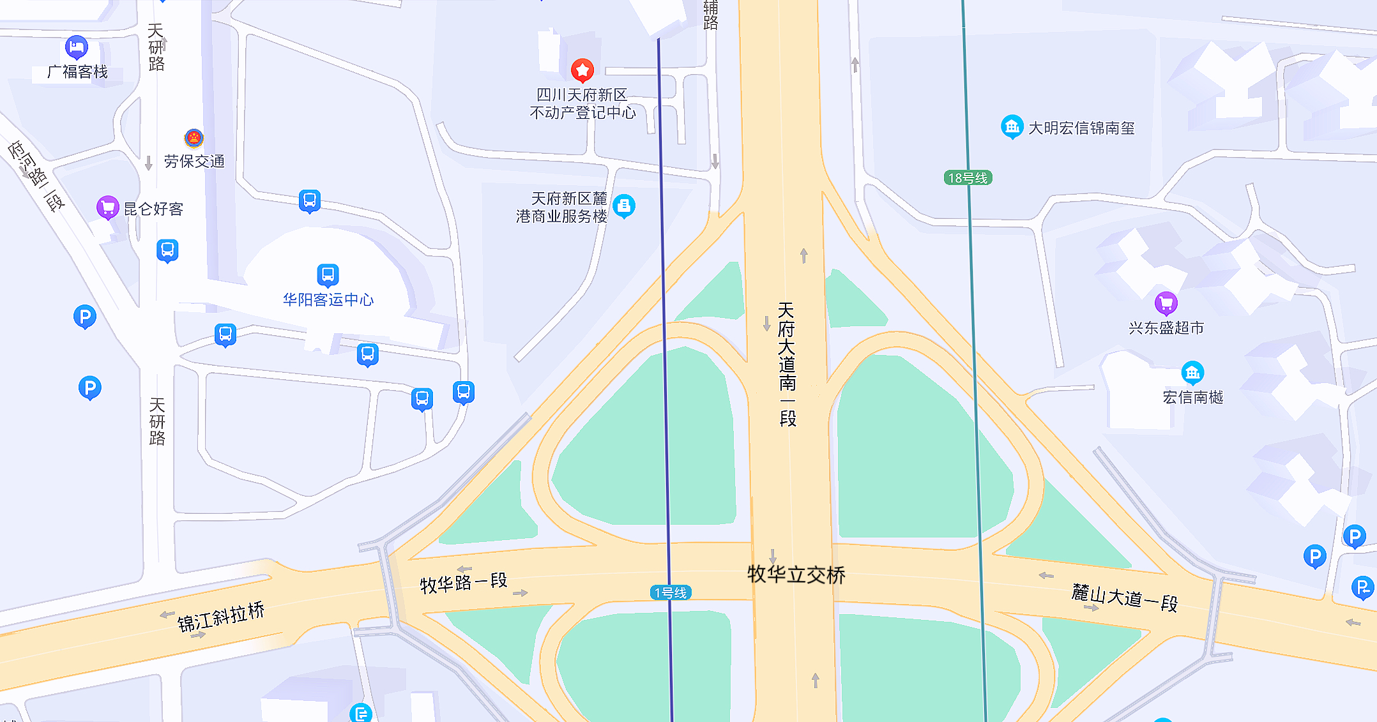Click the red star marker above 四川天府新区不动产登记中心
(x=582, y=70)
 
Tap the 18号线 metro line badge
(x=968, y=178)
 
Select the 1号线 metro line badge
(x=671, y=592)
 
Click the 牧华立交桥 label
(x=796, y=575)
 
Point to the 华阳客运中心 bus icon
(x=328, y=275)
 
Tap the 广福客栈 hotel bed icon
(x=77, y=47)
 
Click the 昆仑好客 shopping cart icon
(x=107, y=207)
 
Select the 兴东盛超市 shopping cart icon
(x=1166, y=303)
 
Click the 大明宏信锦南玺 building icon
(x=1012, y=126)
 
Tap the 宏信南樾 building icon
(x=1192, y=372)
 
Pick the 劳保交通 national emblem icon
(x=194, y=138)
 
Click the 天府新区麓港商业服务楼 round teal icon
(x=624, y=206)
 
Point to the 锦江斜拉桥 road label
(x=220, y=617)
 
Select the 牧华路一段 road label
(x=463, y=582)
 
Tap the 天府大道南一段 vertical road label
(x=787, y=364)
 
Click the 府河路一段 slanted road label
(x=37, y=175)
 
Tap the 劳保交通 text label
(x=194, y=162)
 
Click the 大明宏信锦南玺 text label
(x=1081, y=128)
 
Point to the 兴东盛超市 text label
(x=1166, y=328)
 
